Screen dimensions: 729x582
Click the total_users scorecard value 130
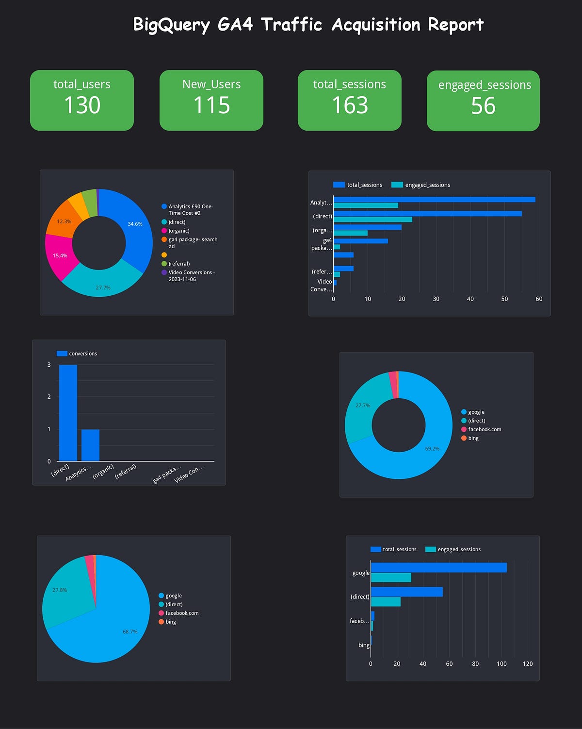tap(82, 105)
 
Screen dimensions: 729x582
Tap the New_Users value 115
tap(211, 105)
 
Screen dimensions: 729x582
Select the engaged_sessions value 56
tap(483, 106)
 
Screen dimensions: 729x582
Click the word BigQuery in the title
tap(171, 25)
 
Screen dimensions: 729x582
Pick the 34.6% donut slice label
tap(135, 224)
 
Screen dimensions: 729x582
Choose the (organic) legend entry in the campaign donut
tap(178, 231)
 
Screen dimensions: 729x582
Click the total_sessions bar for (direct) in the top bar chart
tap(427, 213)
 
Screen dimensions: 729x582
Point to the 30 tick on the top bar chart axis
tap(436, 299)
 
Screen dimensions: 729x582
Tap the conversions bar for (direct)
tap(68, 413)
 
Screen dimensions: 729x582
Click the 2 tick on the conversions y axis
tap(49, 397)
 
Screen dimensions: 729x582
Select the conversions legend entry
tap(82, 354)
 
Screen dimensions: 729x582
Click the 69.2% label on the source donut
tap(432, 448)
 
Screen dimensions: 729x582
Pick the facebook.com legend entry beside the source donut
tap(484, 429)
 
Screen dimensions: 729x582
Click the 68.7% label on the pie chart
tap(130, 632)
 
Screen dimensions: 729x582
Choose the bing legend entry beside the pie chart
tap(170, 622)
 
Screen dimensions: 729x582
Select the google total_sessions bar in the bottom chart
tap(438, 567)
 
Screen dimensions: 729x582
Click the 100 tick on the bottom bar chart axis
tap(501, 663)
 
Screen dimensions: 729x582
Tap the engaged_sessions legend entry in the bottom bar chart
tap(458, 549)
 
